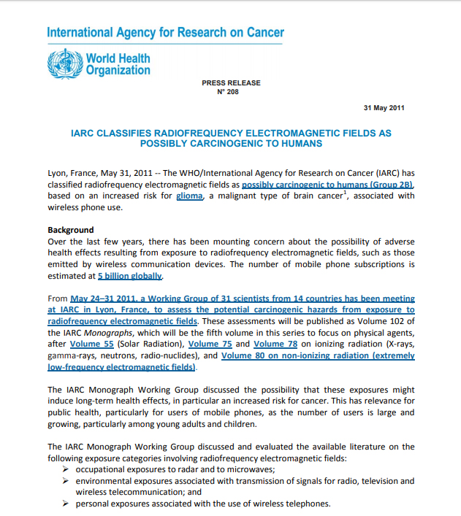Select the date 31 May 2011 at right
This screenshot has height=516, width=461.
(384, 108)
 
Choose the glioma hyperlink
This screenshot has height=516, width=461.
(189, 196)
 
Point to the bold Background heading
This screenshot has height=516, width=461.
(71, 230)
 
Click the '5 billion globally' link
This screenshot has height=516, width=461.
(131, 277)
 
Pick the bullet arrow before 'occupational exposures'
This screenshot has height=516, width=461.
(66, 469)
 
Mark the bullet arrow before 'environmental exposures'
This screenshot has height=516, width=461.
(66, 481)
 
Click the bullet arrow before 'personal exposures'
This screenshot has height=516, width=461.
(66, 504)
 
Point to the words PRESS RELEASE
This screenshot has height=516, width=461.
(231, 83)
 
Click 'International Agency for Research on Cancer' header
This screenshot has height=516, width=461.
(165, 33)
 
